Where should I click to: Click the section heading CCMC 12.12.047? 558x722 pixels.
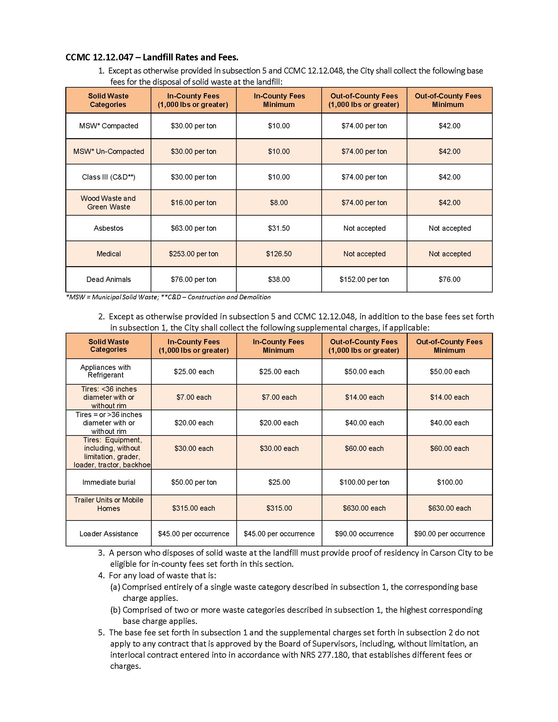point(152,57)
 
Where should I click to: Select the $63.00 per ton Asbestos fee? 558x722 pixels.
point(193,228)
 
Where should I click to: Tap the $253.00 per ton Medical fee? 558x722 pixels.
point(193,254)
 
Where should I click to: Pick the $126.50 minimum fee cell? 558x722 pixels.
point(279,254)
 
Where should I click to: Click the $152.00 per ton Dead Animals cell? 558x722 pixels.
point(364,279)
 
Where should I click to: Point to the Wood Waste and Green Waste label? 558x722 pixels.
point(108,202)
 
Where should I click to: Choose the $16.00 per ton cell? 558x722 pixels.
point(193,202)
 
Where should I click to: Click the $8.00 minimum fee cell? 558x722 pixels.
point(279,202)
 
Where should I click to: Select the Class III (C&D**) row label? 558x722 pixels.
point(108,177)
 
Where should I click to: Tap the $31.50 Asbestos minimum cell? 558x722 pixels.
point(279,228)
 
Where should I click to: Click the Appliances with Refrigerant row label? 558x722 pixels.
point(105,371)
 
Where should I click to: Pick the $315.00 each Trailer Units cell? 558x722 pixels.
point(193,508)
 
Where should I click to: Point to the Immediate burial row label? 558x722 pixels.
point(109,482)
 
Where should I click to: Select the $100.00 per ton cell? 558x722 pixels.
point(364,482)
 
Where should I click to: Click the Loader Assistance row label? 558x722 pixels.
point(108,534)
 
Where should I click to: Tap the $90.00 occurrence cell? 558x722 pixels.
point(364,534)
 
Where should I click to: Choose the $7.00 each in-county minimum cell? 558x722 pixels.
point(279,397)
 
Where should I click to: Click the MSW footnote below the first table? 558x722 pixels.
point(168,297)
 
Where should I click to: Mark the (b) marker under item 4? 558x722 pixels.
point(115,610)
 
